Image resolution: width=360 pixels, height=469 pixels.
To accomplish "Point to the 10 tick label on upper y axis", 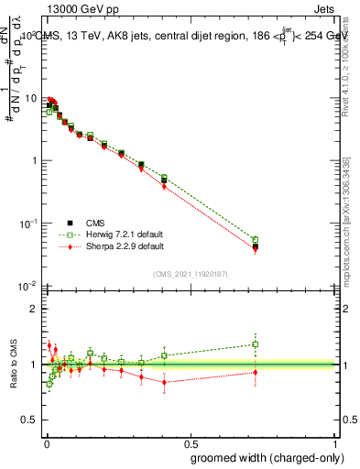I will pos(31,98).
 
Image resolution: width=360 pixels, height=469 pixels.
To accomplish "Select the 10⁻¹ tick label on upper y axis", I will pos(29,223).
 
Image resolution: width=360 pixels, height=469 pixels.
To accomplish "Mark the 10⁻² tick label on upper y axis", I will pos(29,286).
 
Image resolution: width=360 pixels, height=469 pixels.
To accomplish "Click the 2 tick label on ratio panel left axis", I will pos(35,309).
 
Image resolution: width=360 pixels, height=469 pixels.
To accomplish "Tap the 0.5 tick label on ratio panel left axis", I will pos(31,420).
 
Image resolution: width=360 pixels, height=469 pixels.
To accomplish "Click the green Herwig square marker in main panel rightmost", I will pos(256,240).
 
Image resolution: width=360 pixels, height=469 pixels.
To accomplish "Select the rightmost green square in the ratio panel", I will pos(256,344).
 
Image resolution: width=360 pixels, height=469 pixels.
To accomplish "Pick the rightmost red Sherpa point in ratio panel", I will pos(256,372).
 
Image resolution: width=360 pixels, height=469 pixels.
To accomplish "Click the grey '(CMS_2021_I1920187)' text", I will pos(191,272).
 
